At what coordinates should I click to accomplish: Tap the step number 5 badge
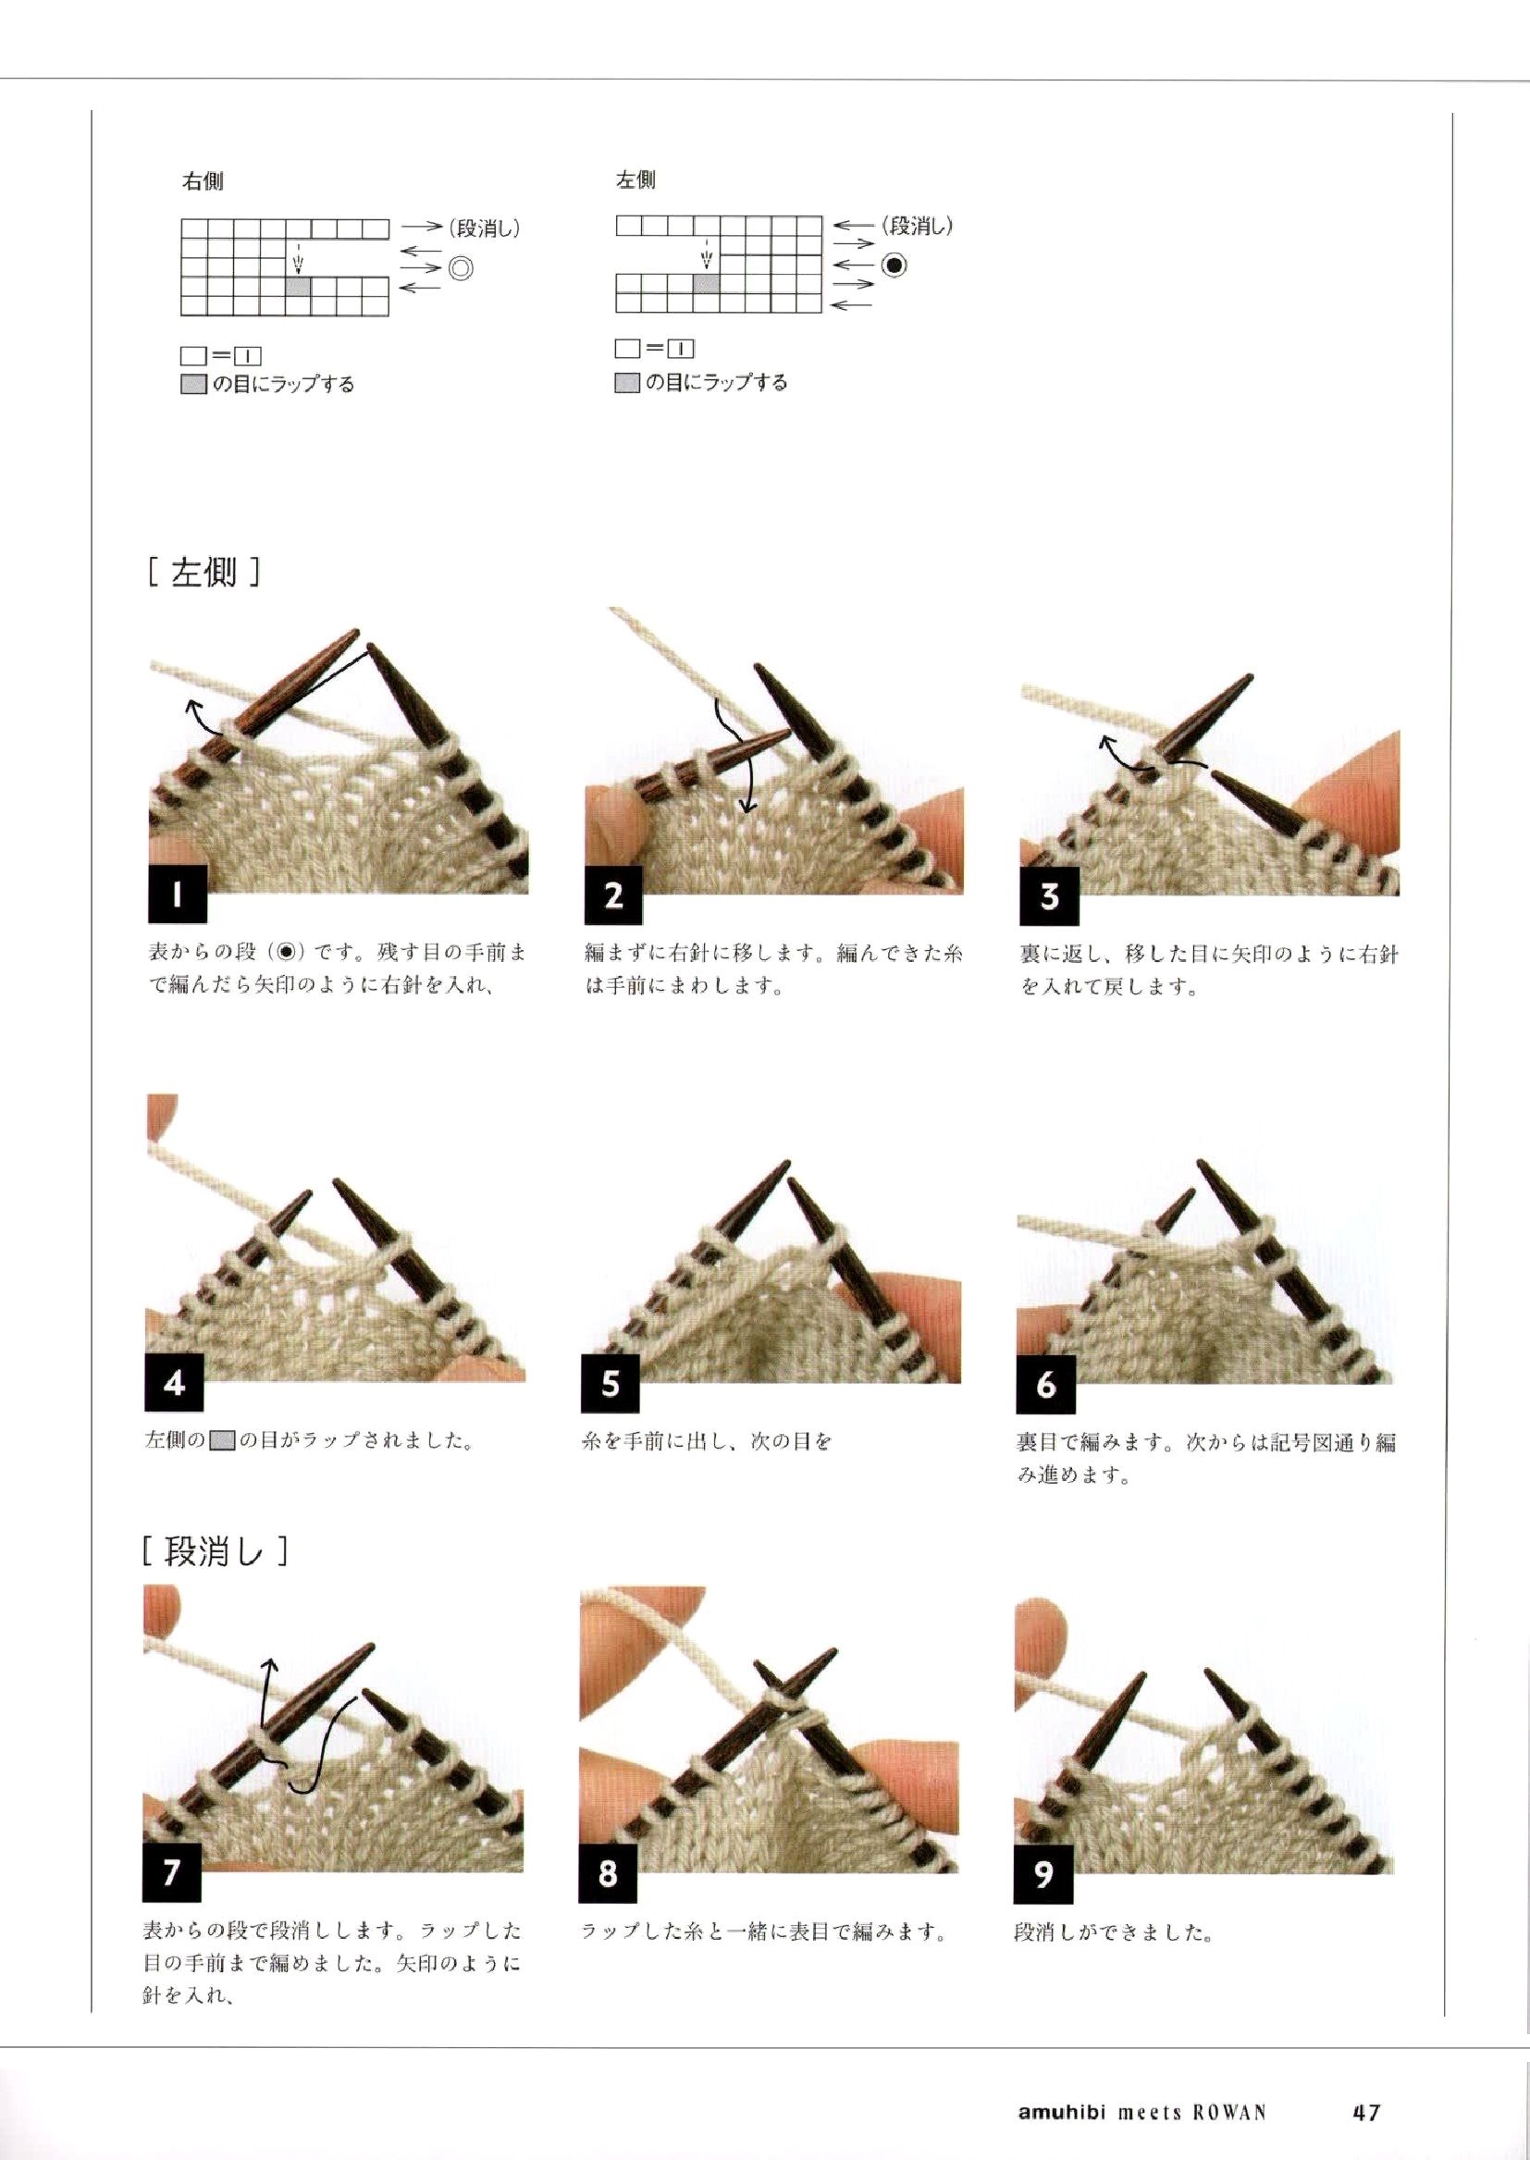click(x=611, y=1384)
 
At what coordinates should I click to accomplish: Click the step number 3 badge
click(x=1050, y=895)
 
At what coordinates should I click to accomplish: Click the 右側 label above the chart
click(x=203, y=181)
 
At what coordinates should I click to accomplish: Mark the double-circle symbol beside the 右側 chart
click(x=461, y=268)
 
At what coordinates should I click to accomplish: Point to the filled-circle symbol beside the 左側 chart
click(x=895, y=265)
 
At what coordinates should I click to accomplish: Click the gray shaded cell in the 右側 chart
click(x=298, y=288)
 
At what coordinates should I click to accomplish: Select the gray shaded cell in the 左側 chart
click(x=707, y=282)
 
